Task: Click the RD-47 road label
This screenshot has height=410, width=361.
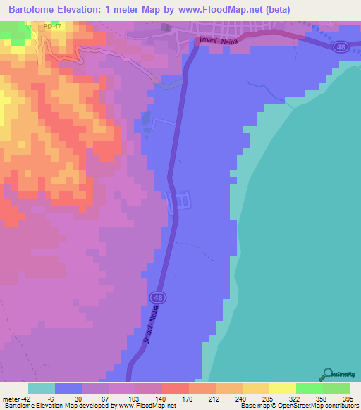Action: pos(53,26)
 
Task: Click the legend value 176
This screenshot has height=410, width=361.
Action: pos(176,398)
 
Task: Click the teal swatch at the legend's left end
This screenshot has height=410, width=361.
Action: pos(42,387)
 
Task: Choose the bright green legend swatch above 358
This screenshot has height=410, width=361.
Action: pos(310,387)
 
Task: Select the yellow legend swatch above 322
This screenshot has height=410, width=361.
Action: pos(283,387)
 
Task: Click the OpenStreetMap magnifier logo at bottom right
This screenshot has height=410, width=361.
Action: pos(328,374)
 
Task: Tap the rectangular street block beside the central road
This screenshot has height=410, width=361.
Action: pos(180,200)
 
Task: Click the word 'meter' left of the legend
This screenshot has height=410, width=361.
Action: pos(10,398)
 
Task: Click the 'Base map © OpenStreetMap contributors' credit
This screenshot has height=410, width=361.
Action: pos(299,406)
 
